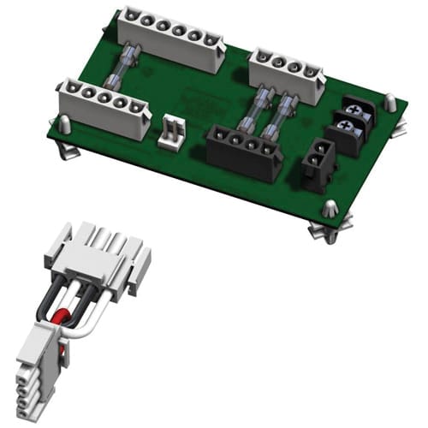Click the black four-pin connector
tap(245, 149)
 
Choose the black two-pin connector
tap(318, 158)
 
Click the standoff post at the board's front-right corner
tap(331, 210)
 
